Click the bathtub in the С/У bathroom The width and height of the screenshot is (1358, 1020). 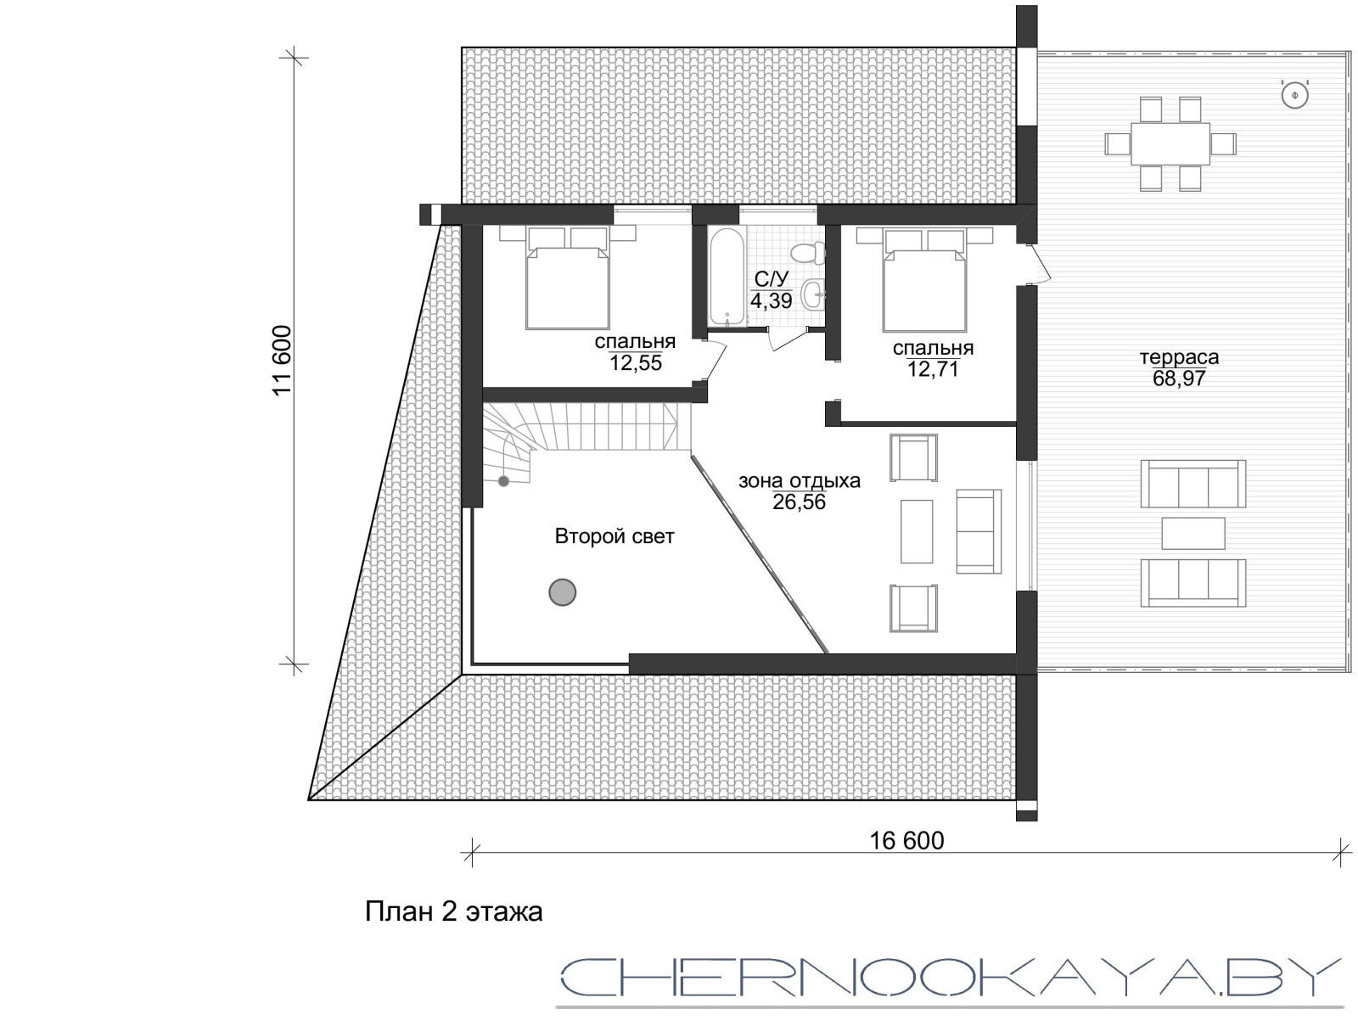pos(727,277)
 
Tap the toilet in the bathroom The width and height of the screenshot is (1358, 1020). pos(806,252)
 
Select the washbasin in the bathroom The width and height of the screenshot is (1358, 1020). pos(813,294)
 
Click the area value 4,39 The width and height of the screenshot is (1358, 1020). pos(771,300)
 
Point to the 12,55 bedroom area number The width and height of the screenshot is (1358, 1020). pos(636,363)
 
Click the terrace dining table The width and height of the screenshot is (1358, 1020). pos(1170,144)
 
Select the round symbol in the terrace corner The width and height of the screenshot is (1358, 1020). pos(1294,95)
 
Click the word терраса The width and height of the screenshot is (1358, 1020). pos(1179,357)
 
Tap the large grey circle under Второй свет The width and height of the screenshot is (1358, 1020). pos(563,592)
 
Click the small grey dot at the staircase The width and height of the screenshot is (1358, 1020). pos(503,480)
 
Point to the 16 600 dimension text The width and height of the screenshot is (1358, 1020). pos(907,841)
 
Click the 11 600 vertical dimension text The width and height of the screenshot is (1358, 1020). pos(282,361)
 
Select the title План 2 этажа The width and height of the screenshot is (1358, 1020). pos(453,911)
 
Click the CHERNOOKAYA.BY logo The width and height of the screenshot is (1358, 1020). pos(950,978)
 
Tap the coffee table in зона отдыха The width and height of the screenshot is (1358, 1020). pos(917,531)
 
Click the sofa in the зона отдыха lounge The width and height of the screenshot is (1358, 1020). pos(979,531)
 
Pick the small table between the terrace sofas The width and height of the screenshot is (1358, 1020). pos(1193,533)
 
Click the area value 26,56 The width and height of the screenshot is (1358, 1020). pos(799,502)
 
